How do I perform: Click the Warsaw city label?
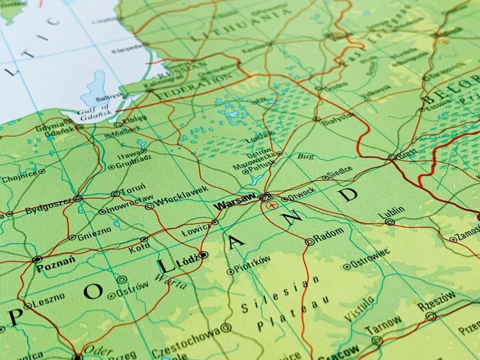click(235, 202)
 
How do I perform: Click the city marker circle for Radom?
click(310, 242)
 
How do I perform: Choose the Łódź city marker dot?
click(204, 255)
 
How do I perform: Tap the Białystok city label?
click(338, 117)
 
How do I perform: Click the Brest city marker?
click(392, 157)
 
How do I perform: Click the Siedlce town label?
click(339, 171)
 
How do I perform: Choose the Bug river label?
click(305, 156)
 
